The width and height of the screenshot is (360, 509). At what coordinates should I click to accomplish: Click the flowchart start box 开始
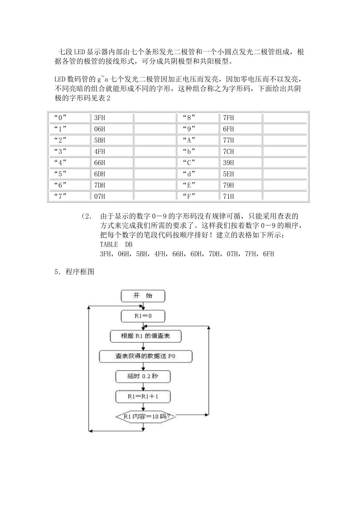143,296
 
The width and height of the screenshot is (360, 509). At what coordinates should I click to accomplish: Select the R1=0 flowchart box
143,316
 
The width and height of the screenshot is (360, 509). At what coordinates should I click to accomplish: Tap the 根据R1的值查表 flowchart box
146,336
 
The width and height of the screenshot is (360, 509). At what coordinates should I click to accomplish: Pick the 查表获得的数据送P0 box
146,356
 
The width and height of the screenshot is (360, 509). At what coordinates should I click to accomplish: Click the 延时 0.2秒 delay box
143,376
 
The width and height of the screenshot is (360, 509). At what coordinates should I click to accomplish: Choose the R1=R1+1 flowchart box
143,397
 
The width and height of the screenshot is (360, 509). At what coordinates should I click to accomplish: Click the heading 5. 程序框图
74,272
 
